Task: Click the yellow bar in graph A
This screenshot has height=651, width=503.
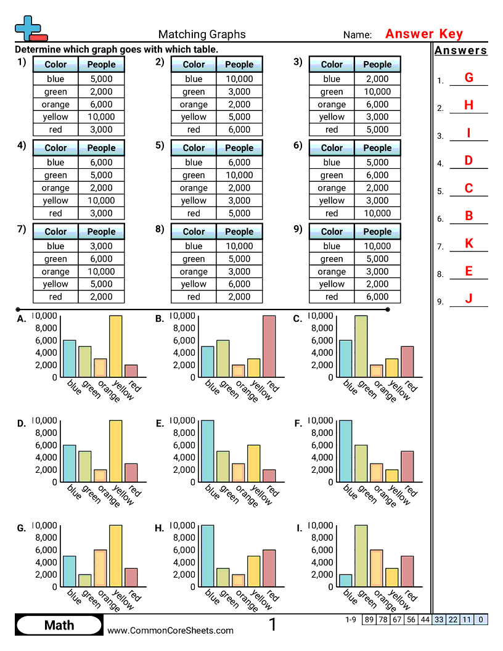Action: tap(115, 346)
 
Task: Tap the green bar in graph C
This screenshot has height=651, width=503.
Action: tap(361, 346)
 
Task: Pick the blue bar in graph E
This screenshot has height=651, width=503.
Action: tap(208, 451)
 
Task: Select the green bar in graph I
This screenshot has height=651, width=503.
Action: tap(361, 556)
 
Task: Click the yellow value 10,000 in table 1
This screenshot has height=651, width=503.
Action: tap(101, 117)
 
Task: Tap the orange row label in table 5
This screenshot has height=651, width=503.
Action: tap(194, 188)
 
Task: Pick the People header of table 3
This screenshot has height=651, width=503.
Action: tap(377, 64)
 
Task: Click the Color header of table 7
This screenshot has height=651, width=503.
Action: tap(55, 232)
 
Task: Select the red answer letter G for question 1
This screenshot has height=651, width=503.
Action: tap(469, 78)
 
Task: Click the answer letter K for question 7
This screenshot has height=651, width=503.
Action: tap(469, 244)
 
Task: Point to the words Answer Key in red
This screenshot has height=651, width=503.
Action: tap(423, 34)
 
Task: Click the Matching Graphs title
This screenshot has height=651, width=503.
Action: tap(202, 35)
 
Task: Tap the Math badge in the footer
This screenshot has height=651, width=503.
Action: tap(59, 625)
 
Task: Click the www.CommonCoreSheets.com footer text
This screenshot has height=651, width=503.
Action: tap(171, 630)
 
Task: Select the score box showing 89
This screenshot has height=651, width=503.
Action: tap(369, 620)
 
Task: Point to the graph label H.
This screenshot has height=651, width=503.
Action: tap(160, 529)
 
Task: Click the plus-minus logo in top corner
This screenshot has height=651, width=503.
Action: tap(30, 28)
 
